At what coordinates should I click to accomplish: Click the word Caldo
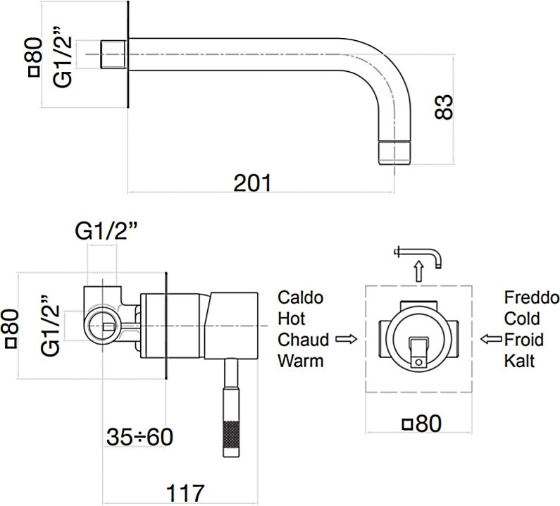tap(301, 297)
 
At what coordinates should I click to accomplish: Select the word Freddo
tap(532, 297)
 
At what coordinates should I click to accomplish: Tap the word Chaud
tap(303, 340)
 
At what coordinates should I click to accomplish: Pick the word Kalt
tap(519, 362)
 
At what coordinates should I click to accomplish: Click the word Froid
tap(523, 340)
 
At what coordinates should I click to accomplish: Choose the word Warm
tap(301, 362)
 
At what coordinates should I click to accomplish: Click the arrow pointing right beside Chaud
tap(344, 340)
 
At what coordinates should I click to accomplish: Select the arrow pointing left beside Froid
tap(490, 340)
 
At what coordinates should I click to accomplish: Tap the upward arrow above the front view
tap(418, 270)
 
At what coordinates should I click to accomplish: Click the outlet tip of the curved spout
tap(394, 152)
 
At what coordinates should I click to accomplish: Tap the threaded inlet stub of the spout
tap(112, 55)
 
